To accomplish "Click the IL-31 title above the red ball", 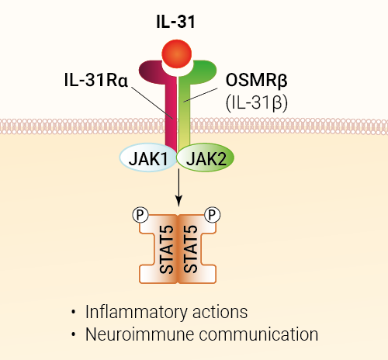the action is [175, 22].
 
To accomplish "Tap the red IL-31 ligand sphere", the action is [177, 54].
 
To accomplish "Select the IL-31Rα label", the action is [96, 80].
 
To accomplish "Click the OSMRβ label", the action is [256, 80].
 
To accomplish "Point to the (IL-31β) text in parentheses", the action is [257, 103].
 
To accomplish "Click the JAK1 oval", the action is [148, 157].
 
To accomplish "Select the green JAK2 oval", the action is [206, 157].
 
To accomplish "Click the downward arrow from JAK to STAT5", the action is [178, 188].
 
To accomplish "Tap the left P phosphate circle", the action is [140, 215].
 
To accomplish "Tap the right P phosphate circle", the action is [213, 215].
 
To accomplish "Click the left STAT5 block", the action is [158, 249].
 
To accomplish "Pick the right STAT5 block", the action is [197, 249].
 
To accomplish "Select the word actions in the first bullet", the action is [220, 312].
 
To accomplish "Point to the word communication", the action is [258, 334].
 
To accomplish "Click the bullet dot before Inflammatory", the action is [74, 312].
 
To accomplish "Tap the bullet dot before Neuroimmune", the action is [74, 334].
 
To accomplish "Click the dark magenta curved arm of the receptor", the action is [149, 71].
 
